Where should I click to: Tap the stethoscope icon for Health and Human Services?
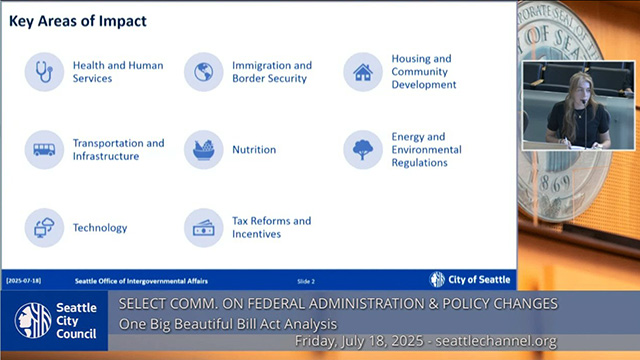(44, 72)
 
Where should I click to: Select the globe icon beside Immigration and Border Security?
(204, 72)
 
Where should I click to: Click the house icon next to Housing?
(363, 72)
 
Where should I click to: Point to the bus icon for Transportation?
(44, 150)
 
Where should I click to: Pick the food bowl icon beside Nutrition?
(204, 150)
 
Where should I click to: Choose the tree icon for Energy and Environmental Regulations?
(363, 150)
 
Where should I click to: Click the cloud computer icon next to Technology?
(44, 227)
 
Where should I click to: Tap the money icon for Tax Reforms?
(204, 227)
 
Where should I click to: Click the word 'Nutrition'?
(254, 150)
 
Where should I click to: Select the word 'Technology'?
(100, 228)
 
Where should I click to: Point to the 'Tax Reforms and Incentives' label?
(271, 227)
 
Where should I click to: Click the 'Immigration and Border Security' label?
(272, 72)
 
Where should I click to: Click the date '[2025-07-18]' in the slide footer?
(25, 281)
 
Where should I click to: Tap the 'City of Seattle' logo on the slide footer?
(470, 280)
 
